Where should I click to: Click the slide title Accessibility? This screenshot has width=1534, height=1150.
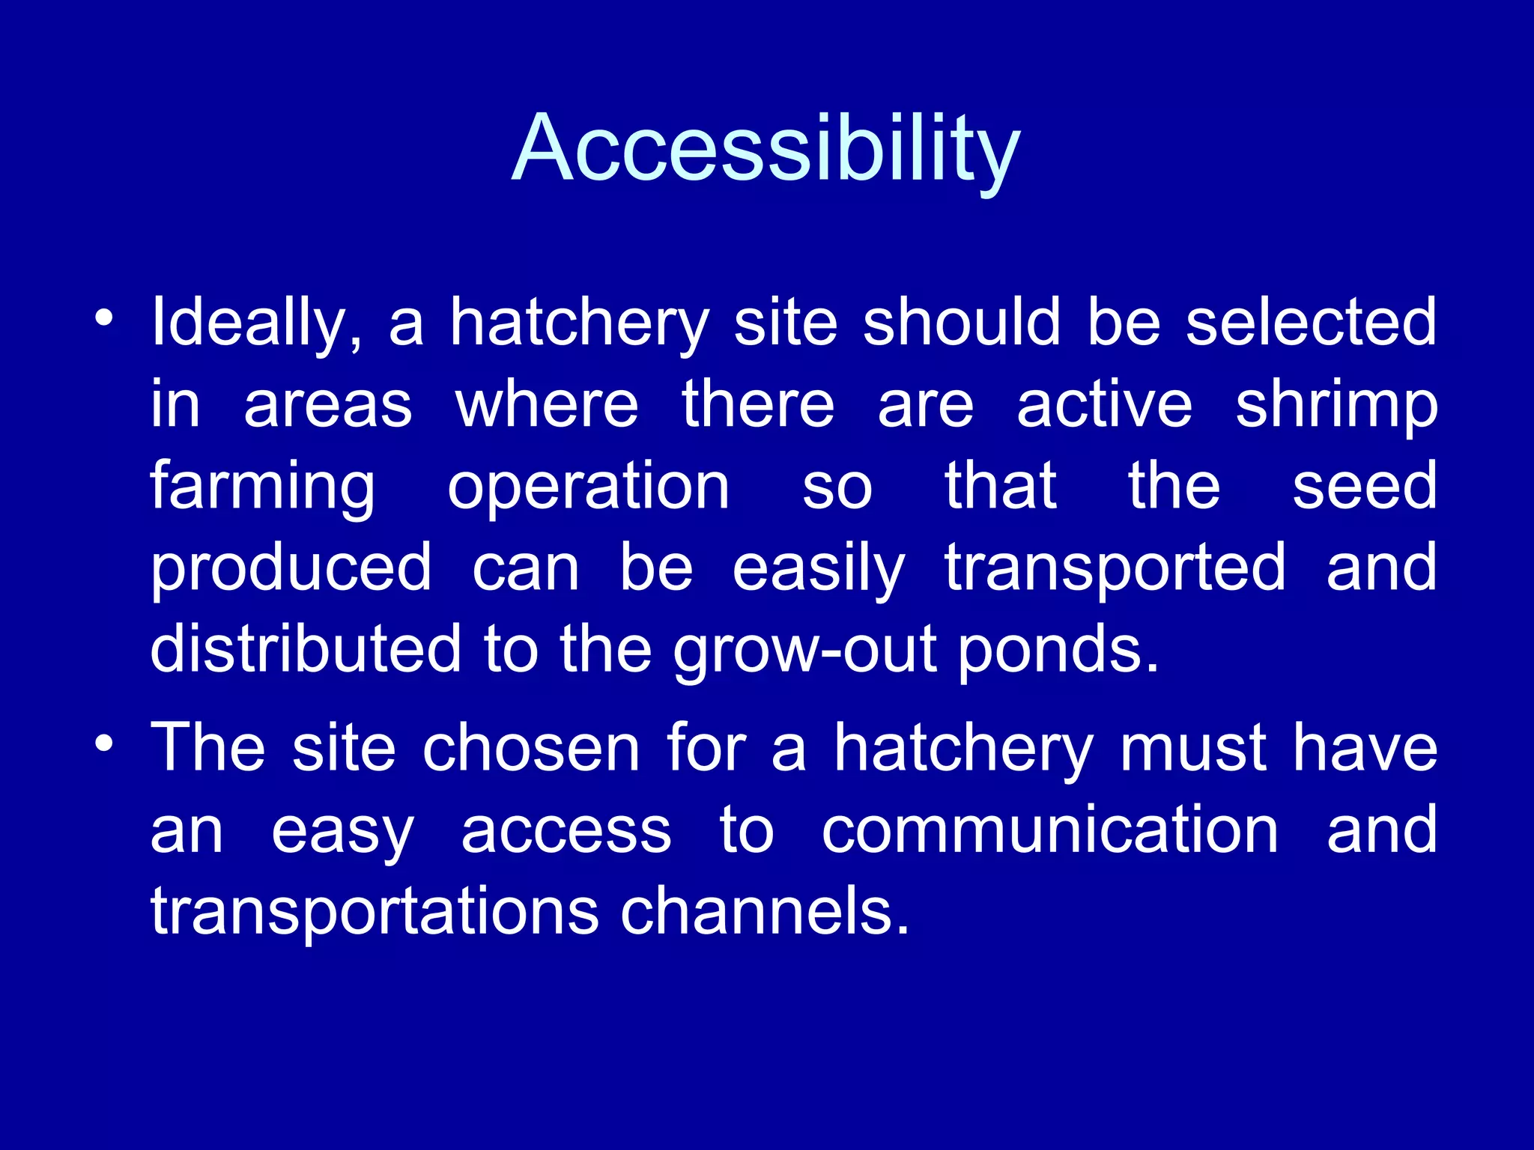tap(766, 147)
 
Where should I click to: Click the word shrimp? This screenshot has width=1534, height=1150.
tap(1336, 407)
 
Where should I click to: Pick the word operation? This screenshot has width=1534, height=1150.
tap(588, 487)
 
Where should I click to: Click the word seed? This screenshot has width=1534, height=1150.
tap(1365, 487)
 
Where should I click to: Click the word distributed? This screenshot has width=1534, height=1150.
tap(306, 648)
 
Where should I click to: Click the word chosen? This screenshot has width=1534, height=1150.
tap(531, 748)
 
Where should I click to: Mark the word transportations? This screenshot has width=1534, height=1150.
tap(375, 911)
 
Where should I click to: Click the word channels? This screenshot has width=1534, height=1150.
tap(764, 911)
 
